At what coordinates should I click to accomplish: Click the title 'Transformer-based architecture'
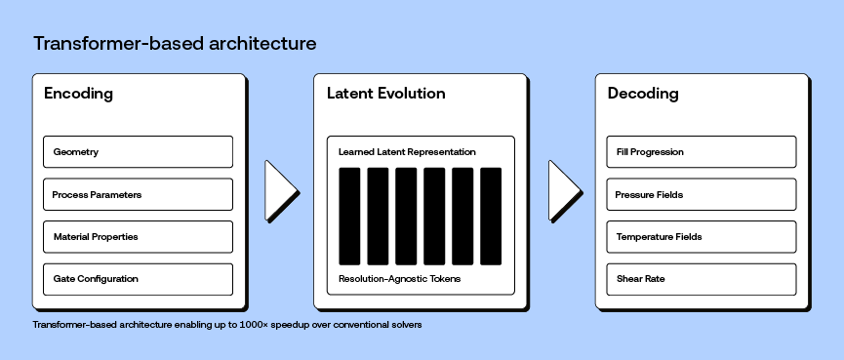pyautogui.click(x=175, y=44)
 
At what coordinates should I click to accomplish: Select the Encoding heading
pyautogui.click(x=79, y=94)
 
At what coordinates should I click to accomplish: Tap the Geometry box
pyautogui.click(x=138, y=152)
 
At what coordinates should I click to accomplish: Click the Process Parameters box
pyautogui.click(x=138, y=194)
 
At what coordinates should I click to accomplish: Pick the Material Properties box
pyautogui.click(x=138, y=237)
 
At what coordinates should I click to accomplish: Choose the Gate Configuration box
pyautogui.click(x=138, y=279)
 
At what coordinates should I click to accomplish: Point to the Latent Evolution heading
pyautogui.click(x=385, y=94)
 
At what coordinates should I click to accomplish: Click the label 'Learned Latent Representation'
pyautogui.click(x=407, y=152)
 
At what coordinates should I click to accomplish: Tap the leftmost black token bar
pyautogui.click(x=349, y=216)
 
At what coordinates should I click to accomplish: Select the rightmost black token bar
pyautogui.click(x=491, y=216)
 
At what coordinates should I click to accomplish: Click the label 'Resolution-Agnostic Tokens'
pyautogui.click(x=399, y=279)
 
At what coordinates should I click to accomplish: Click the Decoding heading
pyautogui.click(x=643, y=94)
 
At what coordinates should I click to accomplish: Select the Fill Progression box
pyautogui.click(x=701, y=152)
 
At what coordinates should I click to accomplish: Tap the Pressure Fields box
pyautogui.click(x=701, y=194)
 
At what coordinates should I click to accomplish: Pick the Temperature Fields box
pyautogui.click(x=701, y=237)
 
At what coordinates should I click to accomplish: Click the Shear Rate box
pyautogui.click(x=701, y=279)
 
